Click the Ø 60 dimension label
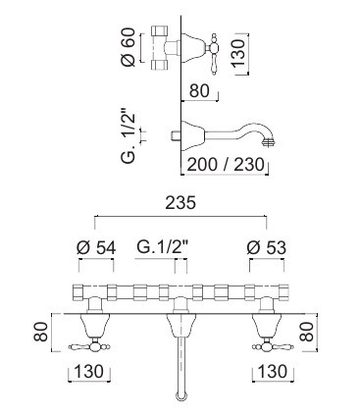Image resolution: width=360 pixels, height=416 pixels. [x=128, y=47]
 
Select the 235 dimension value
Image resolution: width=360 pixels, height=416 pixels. [x=180, y=203]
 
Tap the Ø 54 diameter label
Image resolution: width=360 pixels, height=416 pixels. [x=96, y=248]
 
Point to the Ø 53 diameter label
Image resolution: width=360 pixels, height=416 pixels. [x=267, y=248]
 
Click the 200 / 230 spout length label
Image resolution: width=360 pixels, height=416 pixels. [x=226, y=165]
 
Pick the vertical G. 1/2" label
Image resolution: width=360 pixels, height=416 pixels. [x=129, y=137]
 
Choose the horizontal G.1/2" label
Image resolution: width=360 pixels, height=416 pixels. [x=163, y=247]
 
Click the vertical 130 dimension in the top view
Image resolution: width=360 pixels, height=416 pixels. [x=238, y=53]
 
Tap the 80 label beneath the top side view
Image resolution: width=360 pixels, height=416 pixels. [x=199, y=90]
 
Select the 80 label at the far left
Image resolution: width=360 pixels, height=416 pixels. [x=41, y=332]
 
